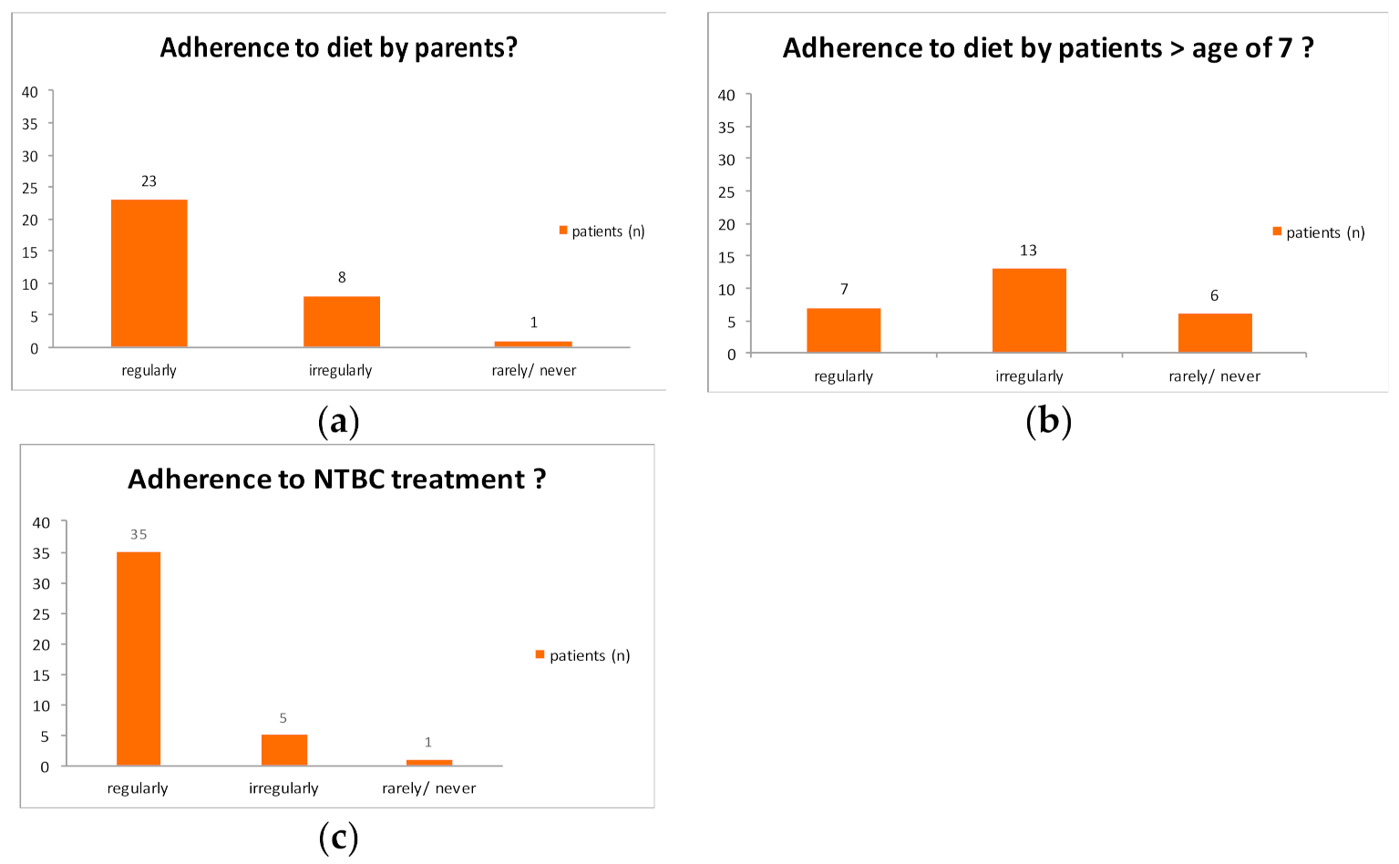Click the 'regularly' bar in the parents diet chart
[149, 273]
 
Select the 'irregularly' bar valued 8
[342, 322]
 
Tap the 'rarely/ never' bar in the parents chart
[533, 344]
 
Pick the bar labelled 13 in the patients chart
[1029, 311]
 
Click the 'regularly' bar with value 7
[843, 331]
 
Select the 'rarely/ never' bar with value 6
[1214, 333]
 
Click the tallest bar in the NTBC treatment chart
[139, 658]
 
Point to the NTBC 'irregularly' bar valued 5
[283, 750]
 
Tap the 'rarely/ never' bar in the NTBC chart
[428, 763]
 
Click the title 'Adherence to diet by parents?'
[338, 48]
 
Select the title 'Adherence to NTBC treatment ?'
[336, 479]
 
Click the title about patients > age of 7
[1048, 48]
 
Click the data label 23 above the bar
[149, 181]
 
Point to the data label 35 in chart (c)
[139, 535]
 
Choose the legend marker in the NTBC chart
[540, 654]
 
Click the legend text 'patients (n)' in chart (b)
[1325, 232]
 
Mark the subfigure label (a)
[338, 421]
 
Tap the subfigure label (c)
[338, 837]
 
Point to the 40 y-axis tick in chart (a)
[30, 92]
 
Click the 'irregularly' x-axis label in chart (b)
[1029, 376]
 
